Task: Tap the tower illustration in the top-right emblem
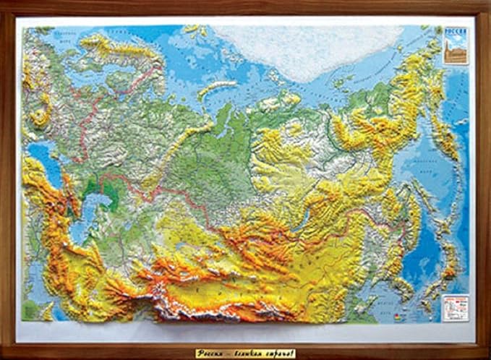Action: point(456,51)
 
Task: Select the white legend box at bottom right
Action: point(456,307)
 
